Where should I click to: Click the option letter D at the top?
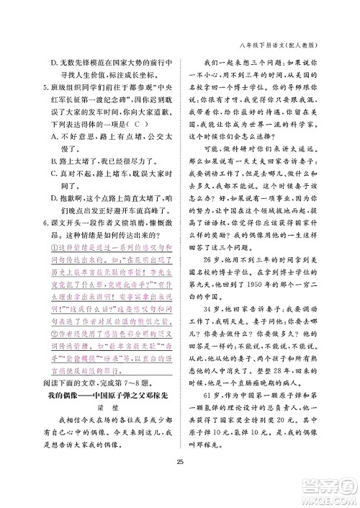pos(45,63)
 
